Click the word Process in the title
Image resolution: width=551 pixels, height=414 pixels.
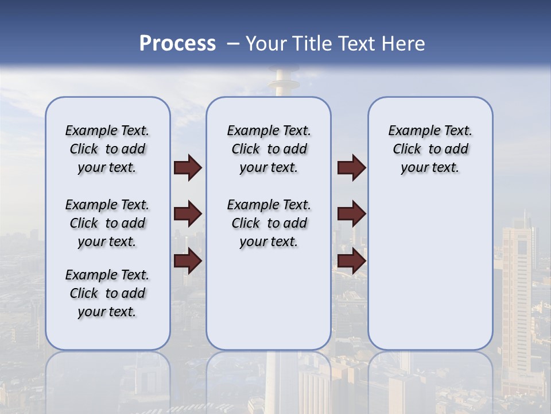coord(177,44)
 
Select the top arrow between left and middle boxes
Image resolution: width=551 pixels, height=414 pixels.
coord(188,167)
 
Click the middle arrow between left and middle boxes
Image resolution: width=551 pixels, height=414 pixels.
coord(188,214)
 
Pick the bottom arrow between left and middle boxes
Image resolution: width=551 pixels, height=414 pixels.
coord(188,260)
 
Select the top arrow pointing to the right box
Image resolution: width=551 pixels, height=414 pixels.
coord(351,167)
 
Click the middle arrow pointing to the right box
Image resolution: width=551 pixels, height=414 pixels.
coord(351,214)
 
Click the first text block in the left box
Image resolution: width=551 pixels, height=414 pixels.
coord(107,149)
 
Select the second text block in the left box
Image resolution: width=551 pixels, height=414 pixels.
coord(107,223)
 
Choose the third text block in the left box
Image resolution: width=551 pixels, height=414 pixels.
coord(107,293)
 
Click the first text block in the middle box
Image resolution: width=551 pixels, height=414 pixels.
coord(269,149)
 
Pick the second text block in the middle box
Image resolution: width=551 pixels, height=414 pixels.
coord(269,223)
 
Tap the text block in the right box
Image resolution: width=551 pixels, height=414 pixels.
coord(430,149)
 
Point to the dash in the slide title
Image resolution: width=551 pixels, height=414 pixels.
coord(233,44)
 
